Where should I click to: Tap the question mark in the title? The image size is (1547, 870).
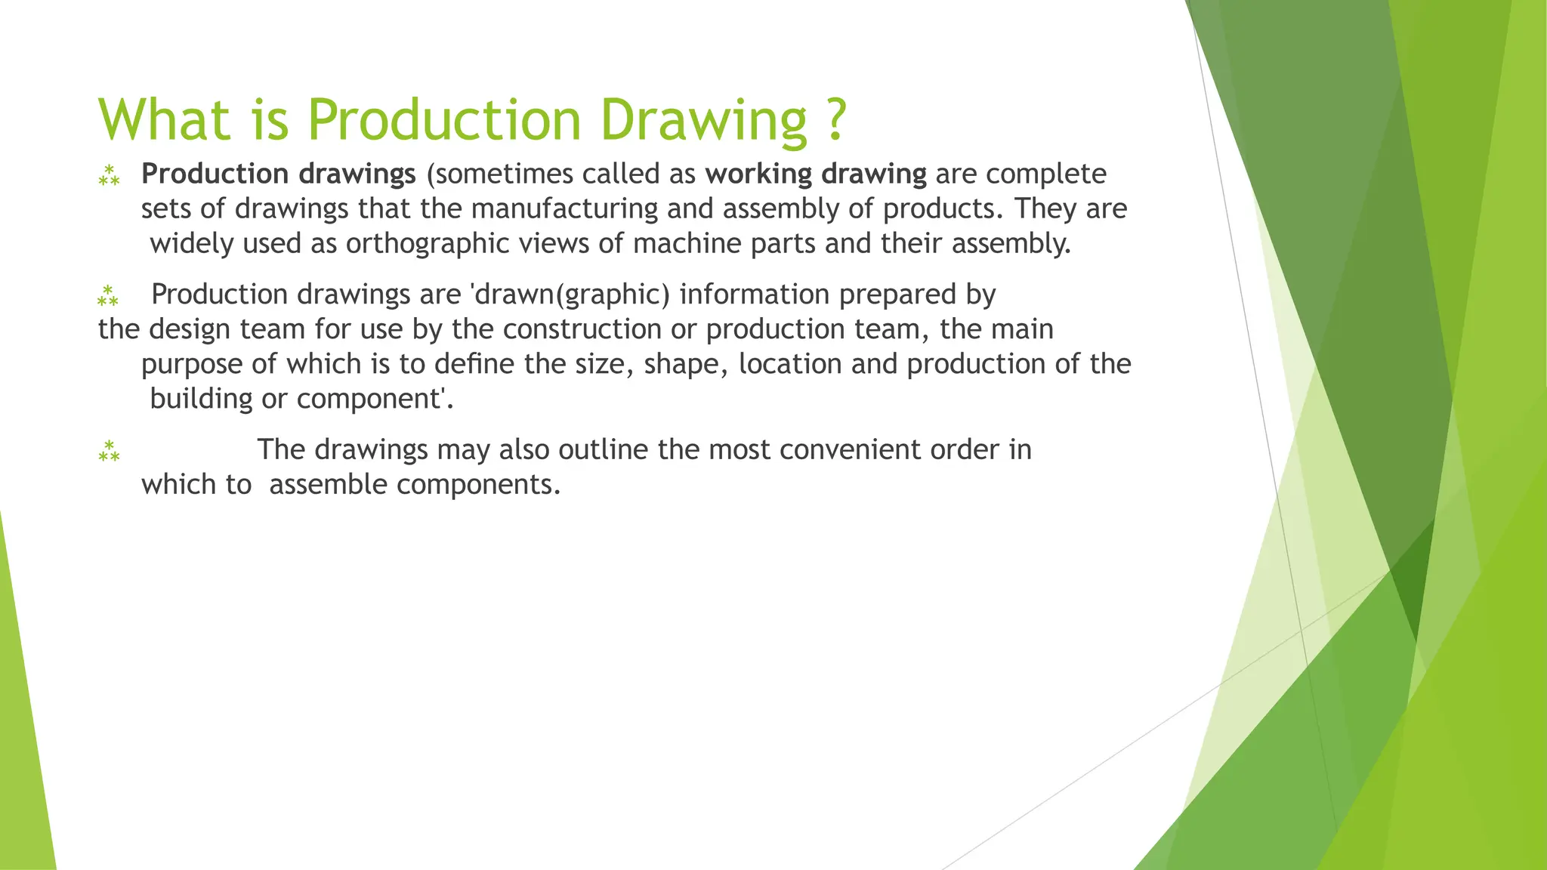[834, 119]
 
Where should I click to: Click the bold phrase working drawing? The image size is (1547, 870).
[816, 174]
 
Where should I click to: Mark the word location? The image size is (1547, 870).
[790, 364]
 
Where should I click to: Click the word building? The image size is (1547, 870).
[201, 399]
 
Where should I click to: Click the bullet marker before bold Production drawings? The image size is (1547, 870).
[109, 175]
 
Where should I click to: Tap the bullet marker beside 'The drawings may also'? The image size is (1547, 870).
[109, 451]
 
